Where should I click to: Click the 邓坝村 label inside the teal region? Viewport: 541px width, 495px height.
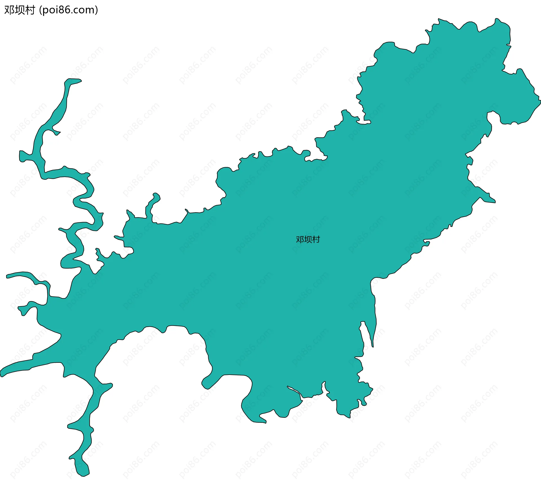click(308, 239)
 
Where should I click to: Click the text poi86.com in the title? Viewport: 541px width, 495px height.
click(68, 10)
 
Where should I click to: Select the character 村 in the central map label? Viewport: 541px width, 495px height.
click(316, 239)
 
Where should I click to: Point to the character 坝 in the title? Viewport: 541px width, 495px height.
click(19, 10)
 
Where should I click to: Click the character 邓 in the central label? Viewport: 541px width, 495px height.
click(300, 239)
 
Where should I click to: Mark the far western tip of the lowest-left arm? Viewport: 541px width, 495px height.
click(2, 374)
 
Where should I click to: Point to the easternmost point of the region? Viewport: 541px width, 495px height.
click(540, 100)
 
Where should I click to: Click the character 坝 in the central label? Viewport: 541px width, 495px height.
click(308, 239)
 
